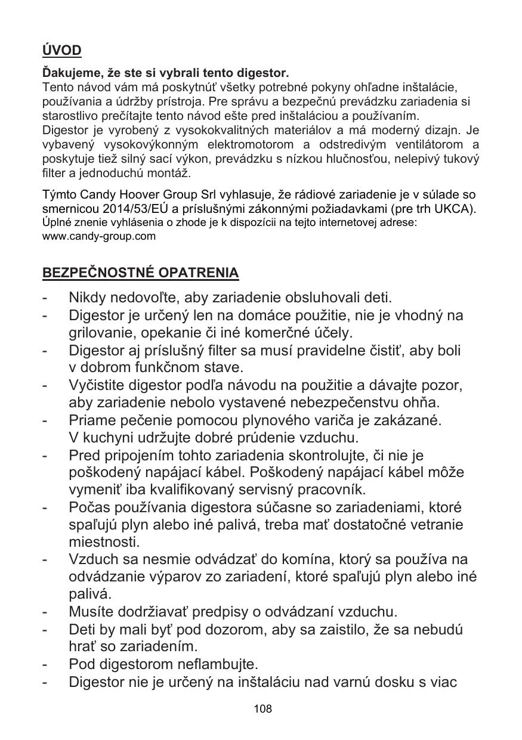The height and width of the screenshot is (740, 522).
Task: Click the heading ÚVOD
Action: (61, 51)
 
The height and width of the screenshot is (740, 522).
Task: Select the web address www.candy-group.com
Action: (98, 236)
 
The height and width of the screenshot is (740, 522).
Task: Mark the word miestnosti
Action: (97, 543)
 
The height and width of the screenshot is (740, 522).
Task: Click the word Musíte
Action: (90, 612)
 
